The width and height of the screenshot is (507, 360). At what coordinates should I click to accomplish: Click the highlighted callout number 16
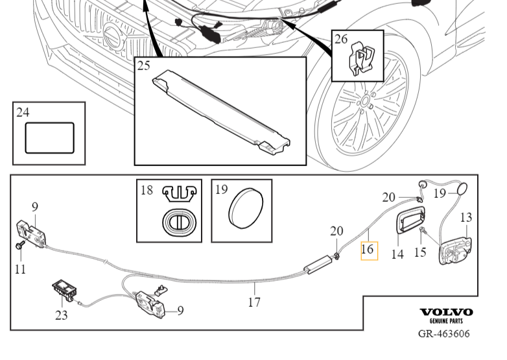(x=369, y=249)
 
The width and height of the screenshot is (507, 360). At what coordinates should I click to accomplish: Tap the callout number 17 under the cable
(x=254, y=302)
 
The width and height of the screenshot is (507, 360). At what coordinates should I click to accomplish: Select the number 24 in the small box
(x=23, y=113)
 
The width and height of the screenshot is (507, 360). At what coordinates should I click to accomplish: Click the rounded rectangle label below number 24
(x=49, y=138)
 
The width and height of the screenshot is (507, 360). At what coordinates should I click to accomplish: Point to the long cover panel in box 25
(x=221, y=112)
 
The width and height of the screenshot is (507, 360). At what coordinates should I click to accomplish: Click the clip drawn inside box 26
(x=362, y=60)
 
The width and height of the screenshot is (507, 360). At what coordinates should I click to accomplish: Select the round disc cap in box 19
(x=246, y=208)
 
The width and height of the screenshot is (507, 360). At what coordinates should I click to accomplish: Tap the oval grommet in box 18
(x=179, y=222)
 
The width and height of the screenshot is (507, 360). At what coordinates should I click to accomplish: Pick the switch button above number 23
(x=65, y=289)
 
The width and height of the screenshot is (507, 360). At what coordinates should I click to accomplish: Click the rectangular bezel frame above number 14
(x=409, y=220)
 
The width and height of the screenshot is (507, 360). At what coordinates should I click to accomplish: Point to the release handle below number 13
(x=455, y=251)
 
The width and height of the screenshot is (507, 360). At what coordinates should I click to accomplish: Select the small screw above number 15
(x=423, y=230)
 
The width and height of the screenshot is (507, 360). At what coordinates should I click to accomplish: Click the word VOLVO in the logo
(x=446, y=312)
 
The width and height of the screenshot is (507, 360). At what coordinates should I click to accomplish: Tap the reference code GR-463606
(x=443, y=334)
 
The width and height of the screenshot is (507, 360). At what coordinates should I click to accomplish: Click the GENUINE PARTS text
(x=446, y=321)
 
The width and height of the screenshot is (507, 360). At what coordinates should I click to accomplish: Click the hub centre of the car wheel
(x=365, y=102)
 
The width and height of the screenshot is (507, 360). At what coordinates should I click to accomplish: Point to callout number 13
(x=466, y=217)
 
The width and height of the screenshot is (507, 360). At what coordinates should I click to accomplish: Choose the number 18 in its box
(x=147, y=190)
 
